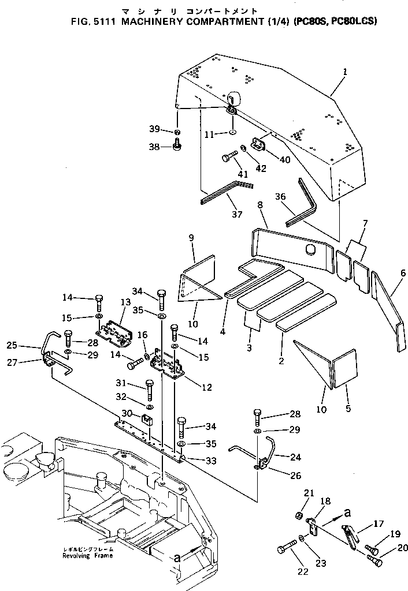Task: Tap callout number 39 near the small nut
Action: tap(154, 129)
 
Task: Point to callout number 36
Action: tap(280, 197)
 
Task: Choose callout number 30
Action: tap(126, 413)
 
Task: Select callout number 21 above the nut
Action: tap(308, 492)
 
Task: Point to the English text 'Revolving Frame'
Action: tap(88, 556)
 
